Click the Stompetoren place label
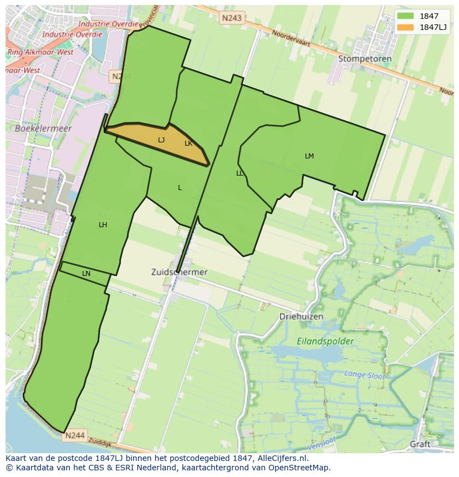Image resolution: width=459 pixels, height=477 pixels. click(365, 59)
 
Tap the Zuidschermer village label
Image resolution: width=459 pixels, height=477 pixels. click(179, 272)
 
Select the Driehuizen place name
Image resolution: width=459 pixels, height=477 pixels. click(301, 316)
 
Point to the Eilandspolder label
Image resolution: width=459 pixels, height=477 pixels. click(325, 341)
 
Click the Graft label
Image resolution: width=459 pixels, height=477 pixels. click(420, 444)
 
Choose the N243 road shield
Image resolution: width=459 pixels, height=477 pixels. click(231, 18)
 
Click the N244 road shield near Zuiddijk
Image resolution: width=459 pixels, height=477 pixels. click(74, 435)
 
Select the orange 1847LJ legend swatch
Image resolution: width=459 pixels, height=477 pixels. click(405, 27)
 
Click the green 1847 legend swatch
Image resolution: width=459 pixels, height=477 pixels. click(405, 16)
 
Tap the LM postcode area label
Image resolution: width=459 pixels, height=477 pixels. click(309, 156)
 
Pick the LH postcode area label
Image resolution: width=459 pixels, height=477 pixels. click(103, 225)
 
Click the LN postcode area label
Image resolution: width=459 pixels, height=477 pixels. click(86, 274)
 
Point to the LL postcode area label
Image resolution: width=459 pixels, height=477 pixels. click(239, 173)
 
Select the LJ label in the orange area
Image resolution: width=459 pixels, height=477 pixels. click(161, 140)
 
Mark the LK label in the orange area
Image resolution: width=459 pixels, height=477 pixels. click(188, 143)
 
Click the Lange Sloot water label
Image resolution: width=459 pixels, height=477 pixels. click(365, 375)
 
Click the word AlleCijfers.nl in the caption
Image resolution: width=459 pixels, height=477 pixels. click(283, 459)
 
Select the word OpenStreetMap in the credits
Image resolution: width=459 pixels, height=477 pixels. click(302, 468)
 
